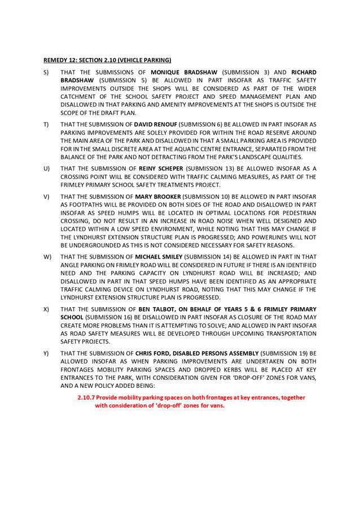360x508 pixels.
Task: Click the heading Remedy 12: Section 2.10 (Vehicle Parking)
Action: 107,59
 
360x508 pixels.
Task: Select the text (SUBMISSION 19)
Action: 279,353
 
